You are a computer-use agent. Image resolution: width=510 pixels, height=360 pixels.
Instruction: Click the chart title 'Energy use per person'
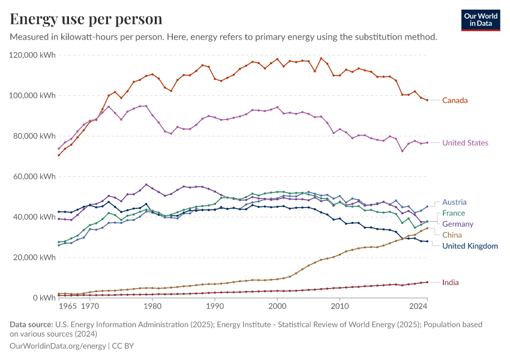pos(86,19)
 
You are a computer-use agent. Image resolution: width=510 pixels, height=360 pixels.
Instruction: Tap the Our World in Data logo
pos(480,19)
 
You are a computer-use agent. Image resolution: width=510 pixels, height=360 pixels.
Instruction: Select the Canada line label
pos(455,100)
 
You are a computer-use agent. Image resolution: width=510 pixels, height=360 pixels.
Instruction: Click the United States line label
pos(465,143)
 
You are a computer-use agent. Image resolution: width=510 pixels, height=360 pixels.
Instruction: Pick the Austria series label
pos(454,202)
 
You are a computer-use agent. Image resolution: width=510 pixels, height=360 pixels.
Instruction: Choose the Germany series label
pos(458,224)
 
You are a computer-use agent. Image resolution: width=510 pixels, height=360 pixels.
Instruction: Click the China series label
pos(452,235)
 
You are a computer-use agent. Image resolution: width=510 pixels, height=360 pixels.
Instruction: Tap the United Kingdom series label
pos(470,245)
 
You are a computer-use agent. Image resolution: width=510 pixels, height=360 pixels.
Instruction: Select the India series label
pos(451,282)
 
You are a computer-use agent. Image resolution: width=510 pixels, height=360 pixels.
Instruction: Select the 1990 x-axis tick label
pos(215,306)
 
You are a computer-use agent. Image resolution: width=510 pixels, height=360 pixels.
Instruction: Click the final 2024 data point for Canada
pos(427,100)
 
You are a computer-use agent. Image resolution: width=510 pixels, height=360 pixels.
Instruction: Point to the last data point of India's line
pos(427,282)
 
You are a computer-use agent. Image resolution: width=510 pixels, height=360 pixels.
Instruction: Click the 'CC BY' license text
pos(122,346)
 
